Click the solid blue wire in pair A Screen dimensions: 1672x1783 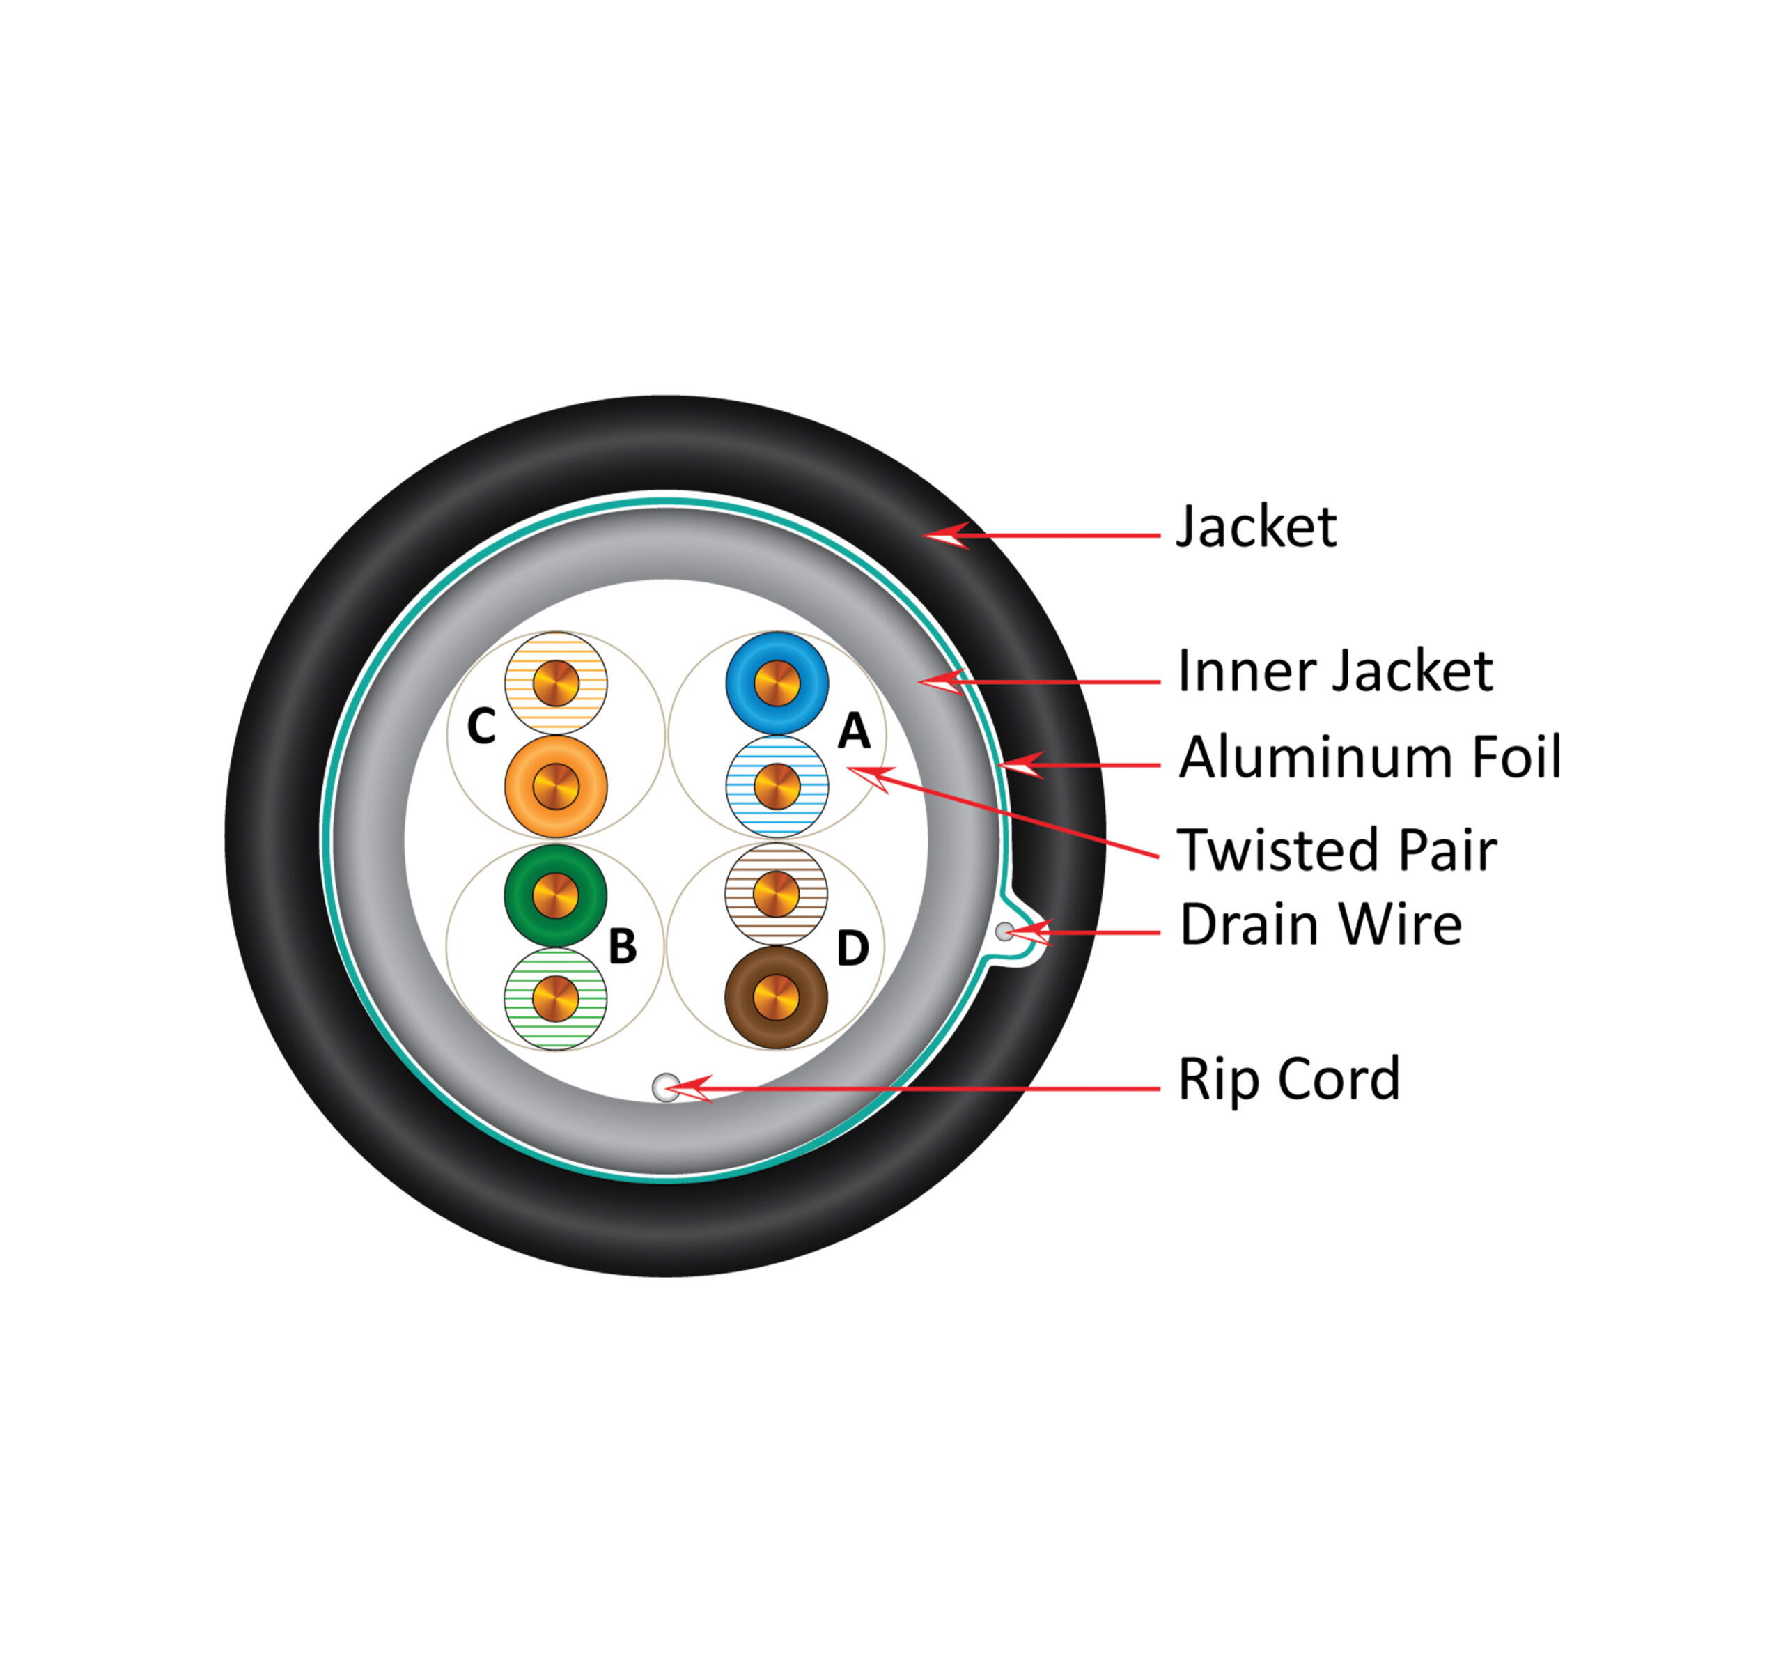point(777,683)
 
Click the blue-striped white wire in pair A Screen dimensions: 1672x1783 point(777,787)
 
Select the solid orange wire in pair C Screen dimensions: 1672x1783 point(556,787)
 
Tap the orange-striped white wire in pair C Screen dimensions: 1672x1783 point(556,683)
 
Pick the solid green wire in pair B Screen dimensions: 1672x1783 point(556,895)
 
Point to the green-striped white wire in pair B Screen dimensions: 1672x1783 point(556,998)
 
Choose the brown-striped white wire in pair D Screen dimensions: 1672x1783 point(777,893)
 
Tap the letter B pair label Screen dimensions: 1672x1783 point(623,945)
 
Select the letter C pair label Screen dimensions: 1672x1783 point(482,726)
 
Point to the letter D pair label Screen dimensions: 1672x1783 point(853,947)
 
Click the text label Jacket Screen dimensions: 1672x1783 point(1256,527)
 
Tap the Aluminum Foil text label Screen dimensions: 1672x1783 point(1369,757)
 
